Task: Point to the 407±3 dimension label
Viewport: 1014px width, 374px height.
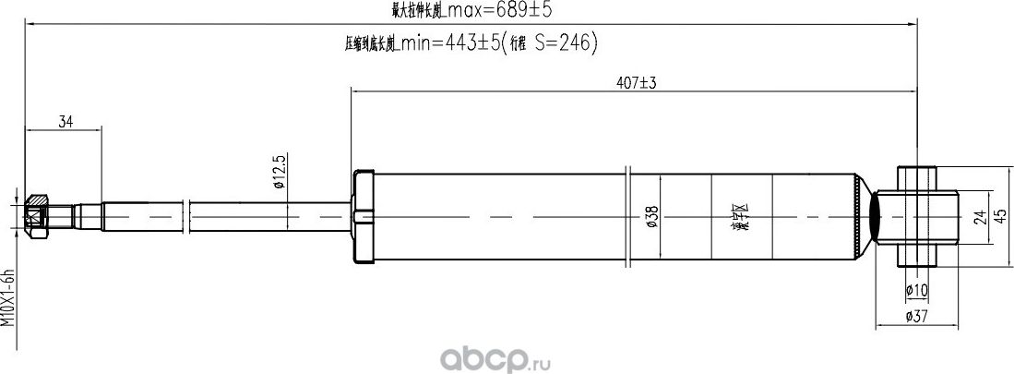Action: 636,82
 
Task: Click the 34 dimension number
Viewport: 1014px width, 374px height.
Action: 65,122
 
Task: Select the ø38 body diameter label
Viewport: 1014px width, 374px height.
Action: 652,218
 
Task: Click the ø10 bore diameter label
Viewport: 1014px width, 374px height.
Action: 916,291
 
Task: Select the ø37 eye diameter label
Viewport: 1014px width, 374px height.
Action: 916,317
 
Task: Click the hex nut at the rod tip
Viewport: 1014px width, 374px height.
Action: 37,218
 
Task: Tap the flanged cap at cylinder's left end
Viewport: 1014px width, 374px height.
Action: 364,218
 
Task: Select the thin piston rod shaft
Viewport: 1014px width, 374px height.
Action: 231,218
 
